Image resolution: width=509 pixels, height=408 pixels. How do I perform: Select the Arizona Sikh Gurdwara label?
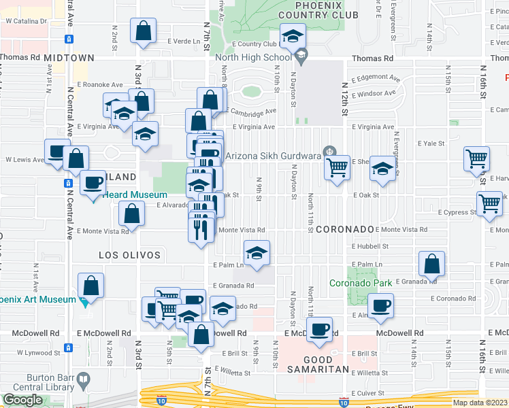(274, 156)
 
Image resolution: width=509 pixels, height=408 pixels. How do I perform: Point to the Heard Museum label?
(135, 194)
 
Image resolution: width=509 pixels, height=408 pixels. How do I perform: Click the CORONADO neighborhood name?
(345, 230)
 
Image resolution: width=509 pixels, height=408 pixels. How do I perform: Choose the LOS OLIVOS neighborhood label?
(129, 255)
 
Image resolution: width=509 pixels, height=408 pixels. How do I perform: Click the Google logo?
(22, 400)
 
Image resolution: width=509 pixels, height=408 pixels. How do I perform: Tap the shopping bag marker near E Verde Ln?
(144, 31)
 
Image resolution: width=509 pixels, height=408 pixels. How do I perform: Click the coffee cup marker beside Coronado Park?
(381, 305)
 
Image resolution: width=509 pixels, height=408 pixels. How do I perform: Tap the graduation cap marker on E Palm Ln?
(257, 253)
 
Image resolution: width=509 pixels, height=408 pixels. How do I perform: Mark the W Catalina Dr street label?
(25, 21)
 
